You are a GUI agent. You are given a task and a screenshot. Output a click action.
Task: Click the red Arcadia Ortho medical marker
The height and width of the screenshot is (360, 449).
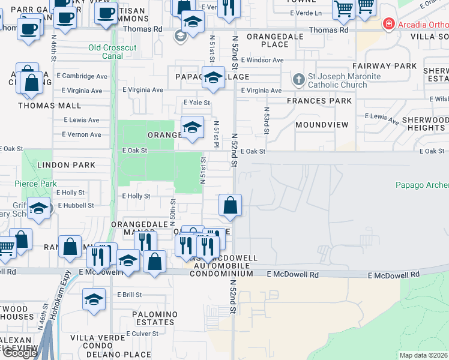(x=389, y=25)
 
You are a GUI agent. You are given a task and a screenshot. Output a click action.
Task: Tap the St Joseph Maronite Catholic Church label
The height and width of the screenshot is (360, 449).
(x=336, y=80)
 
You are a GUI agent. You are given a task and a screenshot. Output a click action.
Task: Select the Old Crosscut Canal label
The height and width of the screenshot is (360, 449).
(x=113, y=47)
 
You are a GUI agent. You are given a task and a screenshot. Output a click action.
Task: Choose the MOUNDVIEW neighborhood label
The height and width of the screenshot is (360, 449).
(x=322, y=125)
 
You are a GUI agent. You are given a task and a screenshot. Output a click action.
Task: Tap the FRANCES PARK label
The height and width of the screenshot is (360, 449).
(x=319, y=101)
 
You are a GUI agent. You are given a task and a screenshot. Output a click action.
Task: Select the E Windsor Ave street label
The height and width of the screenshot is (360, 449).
(x=262, y=61)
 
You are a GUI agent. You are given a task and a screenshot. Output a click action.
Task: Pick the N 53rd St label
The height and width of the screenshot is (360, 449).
(x=266, y=121)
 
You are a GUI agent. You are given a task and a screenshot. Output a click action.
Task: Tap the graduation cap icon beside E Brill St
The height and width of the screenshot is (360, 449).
(x=94, y=300)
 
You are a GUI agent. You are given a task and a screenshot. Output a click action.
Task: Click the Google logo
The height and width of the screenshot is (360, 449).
(x=20, y=353)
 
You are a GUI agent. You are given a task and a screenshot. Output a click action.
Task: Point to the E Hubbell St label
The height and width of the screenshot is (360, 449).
(x=74, y=205)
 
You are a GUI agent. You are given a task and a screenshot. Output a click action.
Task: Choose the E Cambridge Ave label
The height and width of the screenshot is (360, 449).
(x=85, y=76)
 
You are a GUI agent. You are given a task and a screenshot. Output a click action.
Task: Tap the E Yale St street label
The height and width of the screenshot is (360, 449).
(x=197, y=103)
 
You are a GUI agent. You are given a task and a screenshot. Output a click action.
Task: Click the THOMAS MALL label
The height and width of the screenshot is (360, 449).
(x=49, y=106)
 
